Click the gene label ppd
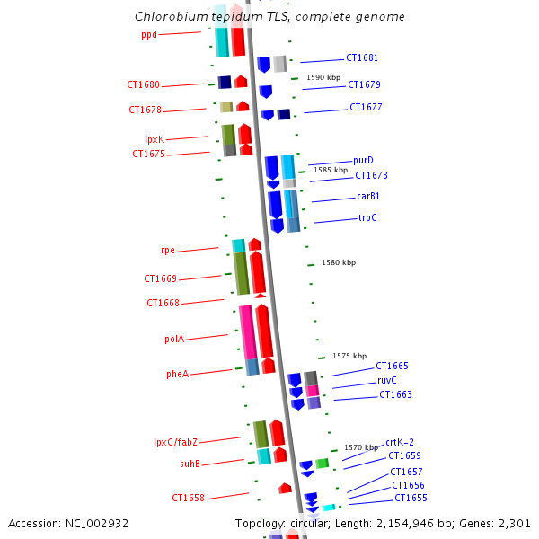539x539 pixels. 149,35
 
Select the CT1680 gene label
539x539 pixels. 143,85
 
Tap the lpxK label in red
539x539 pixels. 155,139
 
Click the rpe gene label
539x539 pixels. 168,251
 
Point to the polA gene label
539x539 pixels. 174,340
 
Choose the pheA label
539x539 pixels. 177,374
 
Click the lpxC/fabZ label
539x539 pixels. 175,442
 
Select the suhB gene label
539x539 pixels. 190,464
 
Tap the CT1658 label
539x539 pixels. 189,498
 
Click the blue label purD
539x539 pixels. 363,160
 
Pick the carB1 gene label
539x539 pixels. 368,196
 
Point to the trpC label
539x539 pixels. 367,217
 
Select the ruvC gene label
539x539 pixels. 387,380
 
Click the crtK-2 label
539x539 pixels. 400,442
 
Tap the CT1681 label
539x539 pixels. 363,58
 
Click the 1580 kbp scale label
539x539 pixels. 339,262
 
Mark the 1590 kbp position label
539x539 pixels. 323,78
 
